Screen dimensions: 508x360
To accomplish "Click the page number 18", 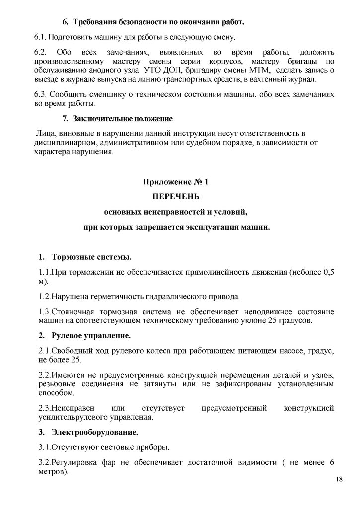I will pos(339,480).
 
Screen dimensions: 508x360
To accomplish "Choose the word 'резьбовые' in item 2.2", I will pos(56,384).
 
